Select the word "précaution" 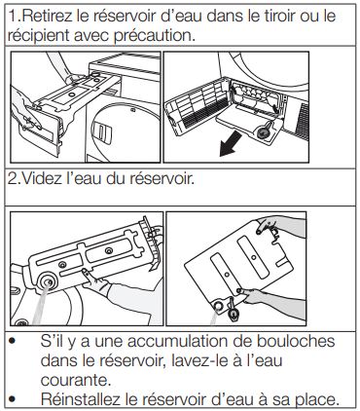(x=155, y=36)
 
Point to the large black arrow (x=231, y=144)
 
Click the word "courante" (x=76, y=380)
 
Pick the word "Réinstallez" (x=81, y=399)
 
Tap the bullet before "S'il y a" (x=13, y=341)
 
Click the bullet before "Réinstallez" (x=13, y=399)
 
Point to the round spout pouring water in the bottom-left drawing (x=48, y=281)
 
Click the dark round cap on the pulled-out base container (x=265, y=131)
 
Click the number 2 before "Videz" (x=12, y=179)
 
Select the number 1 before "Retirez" (x=12, y=16)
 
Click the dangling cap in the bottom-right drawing (x=234, y=314)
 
